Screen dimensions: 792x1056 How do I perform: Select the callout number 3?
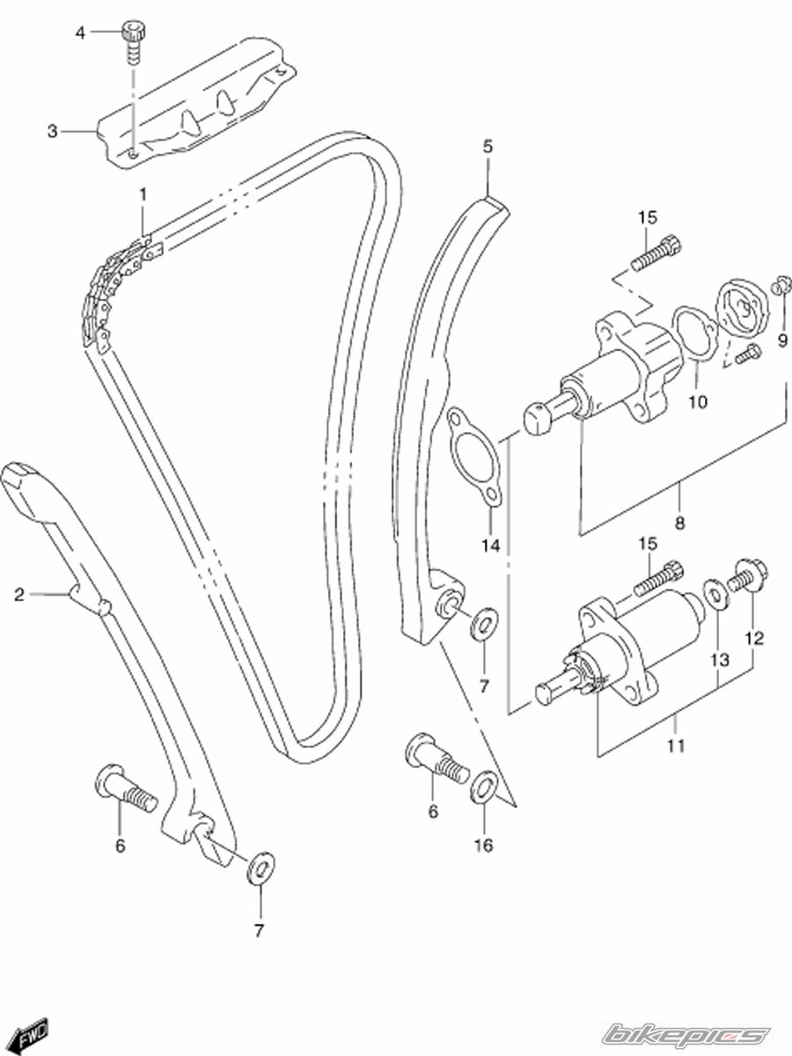(x=53, y=131)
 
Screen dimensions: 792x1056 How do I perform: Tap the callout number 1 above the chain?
(x=143, y=194)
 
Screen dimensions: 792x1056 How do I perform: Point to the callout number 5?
(x=488, y=146)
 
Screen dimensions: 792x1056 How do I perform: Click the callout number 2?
(x=19, y=595)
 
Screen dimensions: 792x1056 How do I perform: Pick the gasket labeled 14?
(x=475, y=457)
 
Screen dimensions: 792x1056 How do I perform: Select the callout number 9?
(x=782, y=341)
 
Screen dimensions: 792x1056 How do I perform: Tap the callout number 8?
(x=679, y=523)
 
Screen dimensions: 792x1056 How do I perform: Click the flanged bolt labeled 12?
(x=748, y=576)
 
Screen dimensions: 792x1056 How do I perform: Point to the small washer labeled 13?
(x=716, y=594)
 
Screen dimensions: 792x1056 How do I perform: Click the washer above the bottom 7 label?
(x=260, y=869)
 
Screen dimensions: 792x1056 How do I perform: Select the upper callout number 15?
(x=648, y=217)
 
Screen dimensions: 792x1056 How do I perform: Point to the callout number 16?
(x=483, y=845)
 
